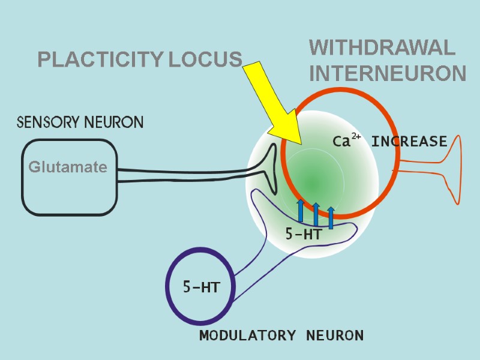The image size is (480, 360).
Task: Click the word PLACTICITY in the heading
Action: click(x=100, y=60)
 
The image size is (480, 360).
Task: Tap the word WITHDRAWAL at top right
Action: click(x=382, y=47)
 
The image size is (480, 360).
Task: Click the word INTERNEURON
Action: click(x=388, y=74)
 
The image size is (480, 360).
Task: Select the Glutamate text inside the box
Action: click(x=68, y=167)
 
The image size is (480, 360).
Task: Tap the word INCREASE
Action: click(x=409, y=142)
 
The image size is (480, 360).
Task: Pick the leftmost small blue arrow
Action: click(x=301, y=211)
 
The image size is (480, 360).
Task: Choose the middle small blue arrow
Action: click(x=316, y=214)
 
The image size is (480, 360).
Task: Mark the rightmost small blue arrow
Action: click(x=331, y=217)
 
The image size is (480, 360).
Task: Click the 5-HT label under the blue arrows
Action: click(x=304, y=235)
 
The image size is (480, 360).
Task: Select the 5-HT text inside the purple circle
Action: click(x=200, y=288)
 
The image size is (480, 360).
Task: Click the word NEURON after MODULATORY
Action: click(x=335, y=335)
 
